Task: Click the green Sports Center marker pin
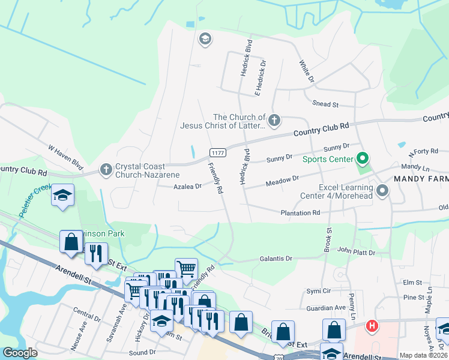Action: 362,159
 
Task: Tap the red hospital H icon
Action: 372,326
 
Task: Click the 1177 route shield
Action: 217,153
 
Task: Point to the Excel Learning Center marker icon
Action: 383,191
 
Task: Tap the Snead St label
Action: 326,104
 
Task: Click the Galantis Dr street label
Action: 276,259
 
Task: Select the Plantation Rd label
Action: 300,213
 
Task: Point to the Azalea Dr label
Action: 188,187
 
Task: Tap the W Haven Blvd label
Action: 65,155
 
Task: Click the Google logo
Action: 20,353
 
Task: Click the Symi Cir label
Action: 319,291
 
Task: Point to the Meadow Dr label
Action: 283,179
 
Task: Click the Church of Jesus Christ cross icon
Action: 274,120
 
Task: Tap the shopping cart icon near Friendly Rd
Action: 186,268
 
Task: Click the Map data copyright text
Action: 423,355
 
